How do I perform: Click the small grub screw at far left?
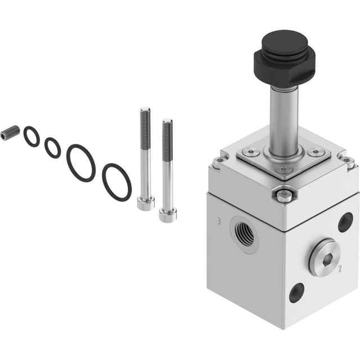[10, 133]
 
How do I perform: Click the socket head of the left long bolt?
[146, 204]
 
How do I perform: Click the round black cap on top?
[285, 43]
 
